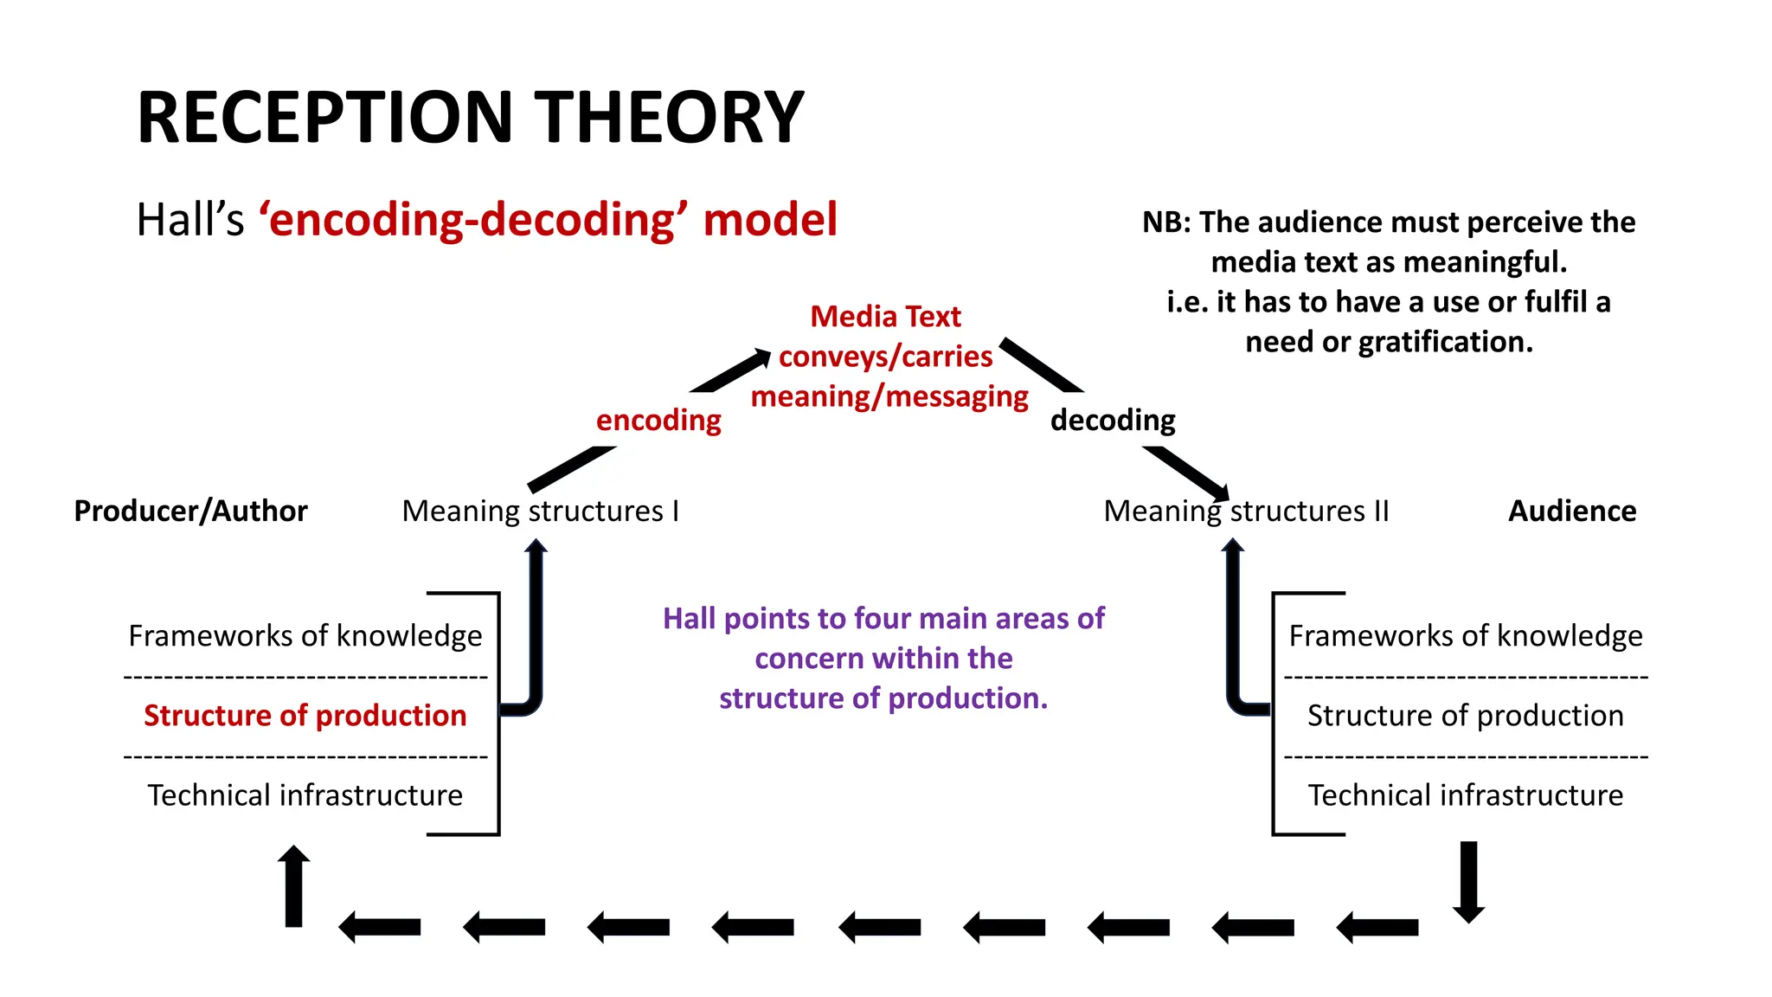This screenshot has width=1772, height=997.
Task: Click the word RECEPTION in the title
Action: pos(326,118)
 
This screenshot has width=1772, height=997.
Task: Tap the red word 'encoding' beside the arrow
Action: pos(658,421)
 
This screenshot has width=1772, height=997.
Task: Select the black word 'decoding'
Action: pos(1113,421)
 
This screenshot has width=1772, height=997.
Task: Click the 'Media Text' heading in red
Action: pos(885,317)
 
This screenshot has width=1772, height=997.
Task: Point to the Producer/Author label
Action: pos(190,511)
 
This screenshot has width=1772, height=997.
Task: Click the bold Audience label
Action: pos(1571,511)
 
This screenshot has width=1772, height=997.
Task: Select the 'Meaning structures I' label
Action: pos(540,511)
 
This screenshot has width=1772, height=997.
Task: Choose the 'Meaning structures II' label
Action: pos(1246,511)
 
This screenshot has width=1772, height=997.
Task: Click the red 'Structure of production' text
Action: pos(305,716)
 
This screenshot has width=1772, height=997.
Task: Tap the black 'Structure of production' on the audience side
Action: pos(1465,716)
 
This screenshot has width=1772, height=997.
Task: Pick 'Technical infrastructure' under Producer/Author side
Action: pos(305,795)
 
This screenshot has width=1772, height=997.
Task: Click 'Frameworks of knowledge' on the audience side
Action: pos(1465,636)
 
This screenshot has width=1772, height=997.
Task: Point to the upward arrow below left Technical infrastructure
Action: pos(293,887)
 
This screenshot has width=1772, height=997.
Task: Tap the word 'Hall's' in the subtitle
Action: pos(190,220)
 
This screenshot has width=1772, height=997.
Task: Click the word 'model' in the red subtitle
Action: pos(770,220)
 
